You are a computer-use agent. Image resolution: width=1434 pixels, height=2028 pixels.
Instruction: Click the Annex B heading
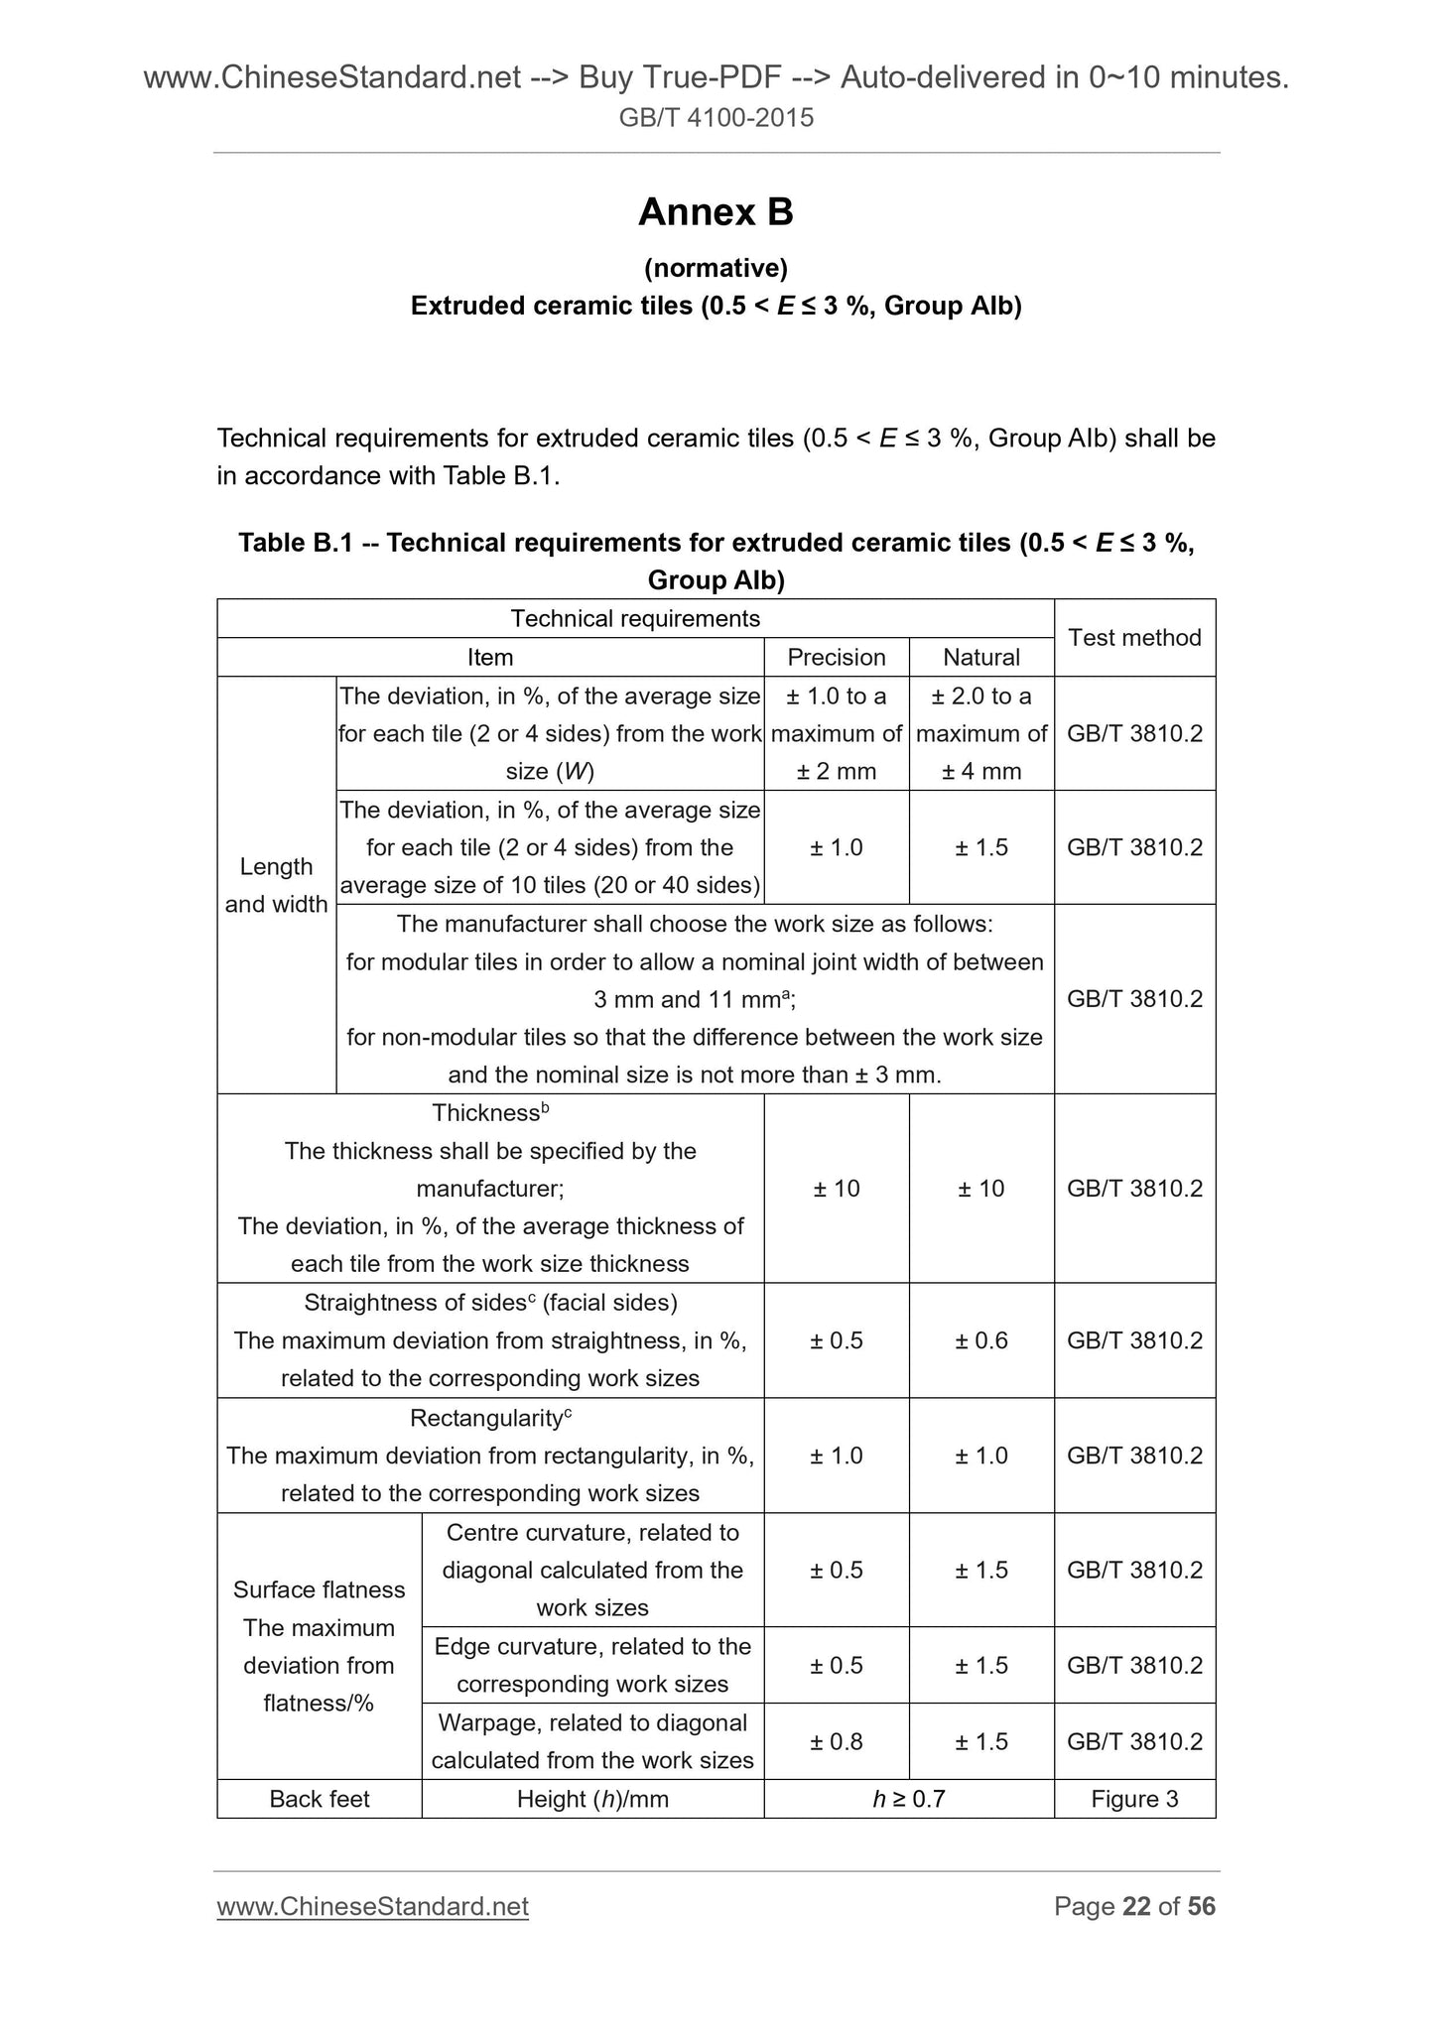point(716,212)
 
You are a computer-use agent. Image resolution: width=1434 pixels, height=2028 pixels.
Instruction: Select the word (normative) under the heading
point(716,268)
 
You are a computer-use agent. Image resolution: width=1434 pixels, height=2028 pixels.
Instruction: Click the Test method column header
point(1134,637)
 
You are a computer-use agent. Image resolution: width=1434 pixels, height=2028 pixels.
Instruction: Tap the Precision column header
point(836,657)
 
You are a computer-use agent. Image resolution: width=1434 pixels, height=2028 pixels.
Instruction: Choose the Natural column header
point(980,657)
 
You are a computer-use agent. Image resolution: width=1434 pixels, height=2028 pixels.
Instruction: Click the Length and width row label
point(276,885)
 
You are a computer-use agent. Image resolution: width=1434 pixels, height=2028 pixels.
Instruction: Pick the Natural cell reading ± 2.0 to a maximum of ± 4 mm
point(980,733)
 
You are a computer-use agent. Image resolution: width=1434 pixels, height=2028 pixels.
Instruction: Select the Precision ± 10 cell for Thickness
point(836,1188)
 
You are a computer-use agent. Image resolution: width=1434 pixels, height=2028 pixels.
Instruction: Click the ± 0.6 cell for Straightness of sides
point(980,1340)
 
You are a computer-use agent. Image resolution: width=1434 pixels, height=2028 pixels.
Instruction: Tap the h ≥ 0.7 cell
point(908,1799)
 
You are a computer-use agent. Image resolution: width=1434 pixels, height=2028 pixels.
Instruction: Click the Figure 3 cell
point(1134,1799)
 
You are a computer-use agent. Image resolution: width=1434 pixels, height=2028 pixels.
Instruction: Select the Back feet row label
point(319,1799)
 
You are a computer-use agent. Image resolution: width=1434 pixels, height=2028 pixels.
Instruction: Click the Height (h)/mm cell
point(592,1799)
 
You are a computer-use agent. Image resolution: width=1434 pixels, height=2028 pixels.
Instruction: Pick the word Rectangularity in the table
point(485,1419)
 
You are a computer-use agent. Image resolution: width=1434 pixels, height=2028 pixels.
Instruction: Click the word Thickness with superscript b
point(485,1113)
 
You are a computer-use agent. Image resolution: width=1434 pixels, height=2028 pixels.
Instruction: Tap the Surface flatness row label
point(319,1589)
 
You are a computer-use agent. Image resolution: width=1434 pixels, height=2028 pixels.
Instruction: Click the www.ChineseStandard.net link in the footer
point(372,1906)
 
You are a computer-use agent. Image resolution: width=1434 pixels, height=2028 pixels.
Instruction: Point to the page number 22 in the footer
point(1136,1906)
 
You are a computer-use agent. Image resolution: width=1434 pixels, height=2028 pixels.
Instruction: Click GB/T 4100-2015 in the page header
point(716,118)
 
